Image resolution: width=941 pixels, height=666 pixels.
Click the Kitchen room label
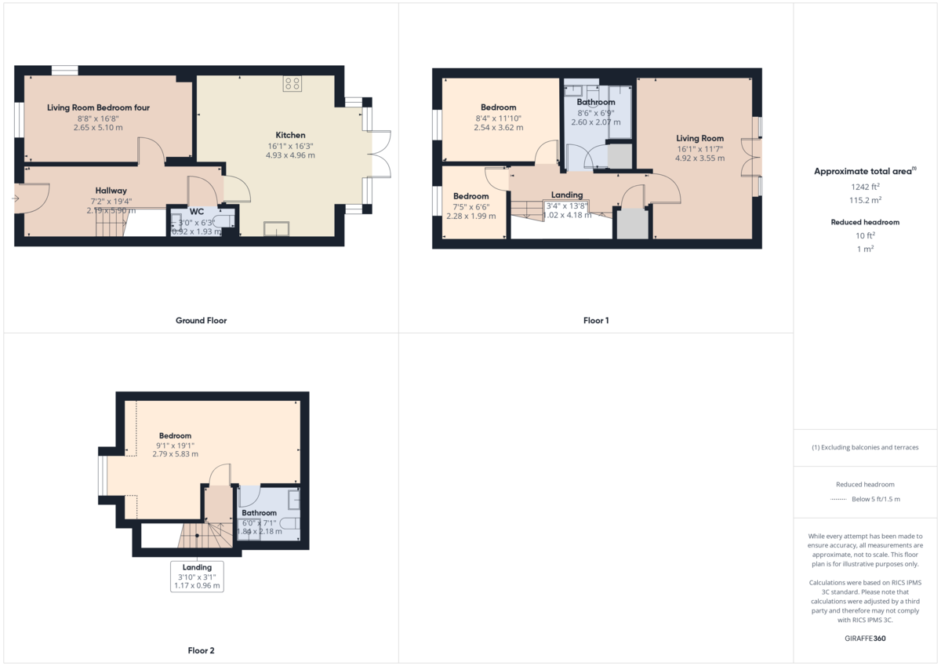click(x=290, y=135)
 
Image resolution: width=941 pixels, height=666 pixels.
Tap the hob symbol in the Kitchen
click(x=292, y=83)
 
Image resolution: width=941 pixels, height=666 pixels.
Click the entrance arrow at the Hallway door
click(x=15, y=198)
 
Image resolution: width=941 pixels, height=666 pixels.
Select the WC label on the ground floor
click(x=197, y=212)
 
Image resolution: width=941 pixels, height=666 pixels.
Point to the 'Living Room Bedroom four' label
click(x=98, y=107)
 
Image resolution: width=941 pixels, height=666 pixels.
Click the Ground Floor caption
click(x=201, y=320)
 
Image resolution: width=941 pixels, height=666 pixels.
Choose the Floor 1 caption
click(x=596, y=320)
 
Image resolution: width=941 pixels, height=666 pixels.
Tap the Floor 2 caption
click(x=201, y=650)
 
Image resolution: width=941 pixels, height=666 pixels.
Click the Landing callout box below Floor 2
click(x=197, y=577)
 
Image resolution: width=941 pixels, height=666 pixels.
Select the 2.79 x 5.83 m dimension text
click(x=175, y=454)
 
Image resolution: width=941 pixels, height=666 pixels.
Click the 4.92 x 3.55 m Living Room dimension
click(x=699, y=158)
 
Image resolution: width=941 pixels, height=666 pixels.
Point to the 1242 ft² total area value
click(x=866, y=187)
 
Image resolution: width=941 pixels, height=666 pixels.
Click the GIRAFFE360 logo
click(x=866, y=639)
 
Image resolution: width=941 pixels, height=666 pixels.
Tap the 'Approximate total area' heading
click(x=865, y=171)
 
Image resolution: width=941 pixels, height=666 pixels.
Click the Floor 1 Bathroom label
click(x=596, y=102)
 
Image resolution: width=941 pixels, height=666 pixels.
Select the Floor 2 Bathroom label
click(x=259, y=513)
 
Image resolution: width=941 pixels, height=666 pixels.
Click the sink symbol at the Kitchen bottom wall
click(x=275, y=228)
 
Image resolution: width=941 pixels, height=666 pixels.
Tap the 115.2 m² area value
click(x=866, y=200)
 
